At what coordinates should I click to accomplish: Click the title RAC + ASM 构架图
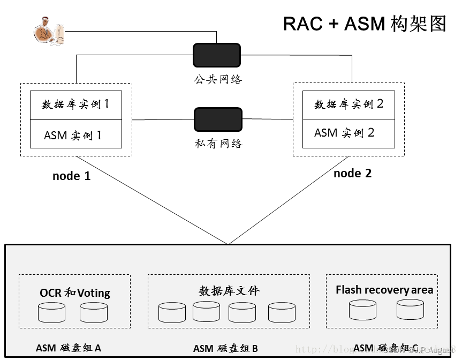point(364,24)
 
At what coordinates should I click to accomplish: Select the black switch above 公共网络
point(217,55)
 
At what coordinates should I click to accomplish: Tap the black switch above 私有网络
point(218,120)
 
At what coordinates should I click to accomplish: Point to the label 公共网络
point(218,79)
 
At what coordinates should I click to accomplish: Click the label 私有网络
point(218,144)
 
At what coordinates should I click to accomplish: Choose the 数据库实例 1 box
point(75,105)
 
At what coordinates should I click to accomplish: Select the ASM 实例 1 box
point(75,134)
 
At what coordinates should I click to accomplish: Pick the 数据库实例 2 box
point(349,105)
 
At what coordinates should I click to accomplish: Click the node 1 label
point(71,176)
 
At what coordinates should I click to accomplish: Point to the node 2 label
point(352,174)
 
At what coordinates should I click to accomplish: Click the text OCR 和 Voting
point(75,293)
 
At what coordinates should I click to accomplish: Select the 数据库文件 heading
point(229,291)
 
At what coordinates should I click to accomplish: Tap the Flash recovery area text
point(384,290)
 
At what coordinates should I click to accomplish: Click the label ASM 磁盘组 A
point(68,348)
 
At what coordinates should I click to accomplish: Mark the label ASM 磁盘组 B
point(225,349)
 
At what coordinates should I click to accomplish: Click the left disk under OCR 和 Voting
point(51,312)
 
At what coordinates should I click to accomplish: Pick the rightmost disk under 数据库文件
point(282,312)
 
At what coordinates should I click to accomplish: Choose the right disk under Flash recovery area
point(410,310)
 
